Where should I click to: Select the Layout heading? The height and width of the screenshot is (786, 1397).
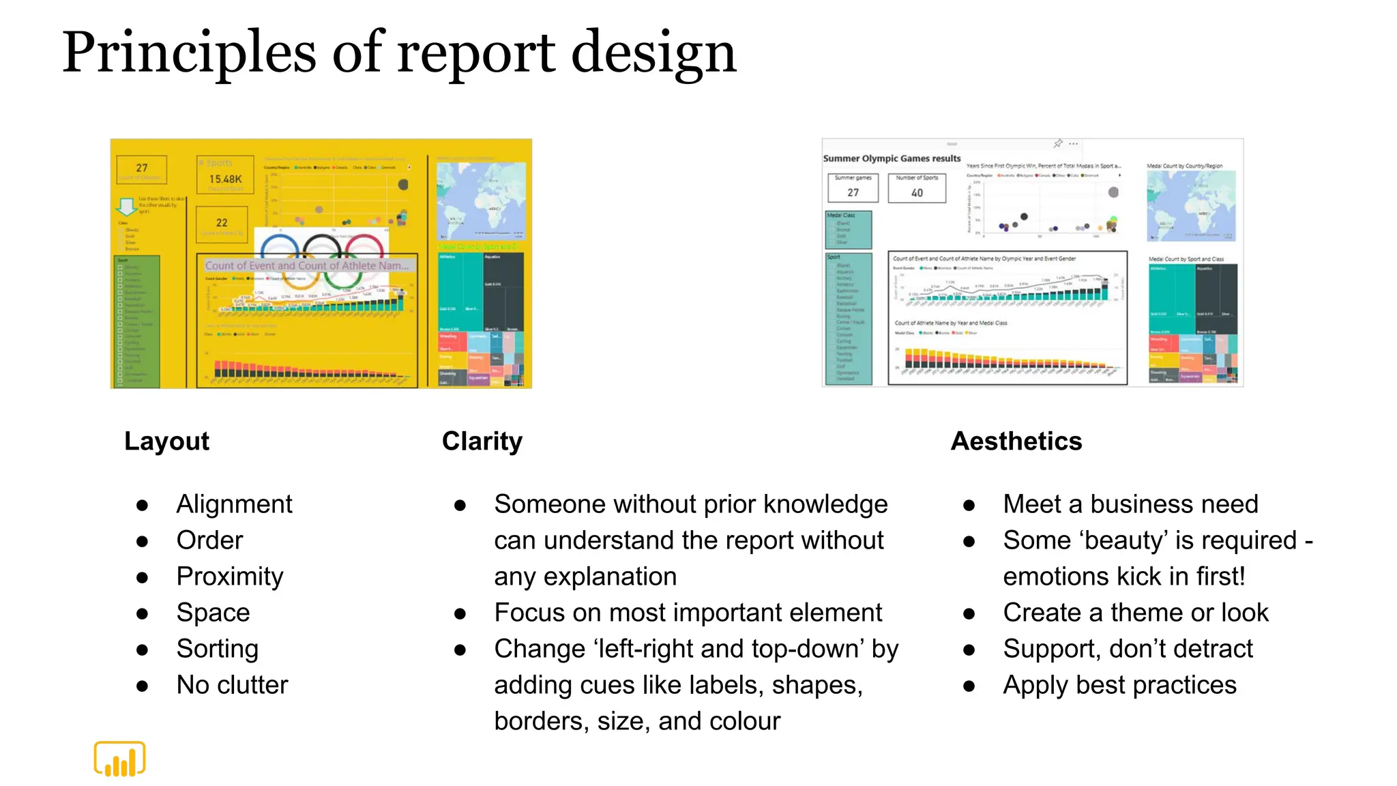[x=166, y=441]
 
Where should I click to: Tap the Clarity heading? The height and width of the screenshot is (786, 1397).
[x=482, y=441]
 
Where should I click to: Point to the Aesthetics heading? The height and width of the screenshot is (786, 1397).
[x=1016, y=441]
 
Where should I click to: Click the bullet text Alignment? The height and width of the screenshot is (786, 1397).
[x=234, y=504]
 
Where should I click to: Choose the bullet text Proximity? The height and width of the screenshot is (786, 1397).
[x=230, y=577]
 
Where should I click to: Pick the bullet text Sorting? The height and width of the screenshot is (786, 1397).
[x=217, y=649]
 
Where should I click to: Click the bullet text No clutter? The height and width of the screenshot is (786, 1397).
[x=232, y=685]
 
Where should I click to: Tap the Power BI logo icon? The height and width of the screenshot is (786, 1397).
[x=119, y=759]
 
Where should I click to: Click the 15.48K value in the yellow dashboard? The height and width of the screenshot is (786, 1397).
[x=225, y=179]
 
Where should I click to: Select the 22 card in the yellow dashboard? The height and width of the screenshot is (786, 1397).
[x=222, y=223]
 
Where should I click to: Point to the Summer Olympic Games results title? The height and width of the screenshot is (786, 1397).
[x=892, y=158]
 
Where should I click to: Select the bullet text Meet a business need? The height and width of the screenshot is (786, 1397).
[x=1130, y=504]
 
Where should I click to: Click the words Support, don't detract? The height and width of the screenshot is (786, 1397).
[x=1128, y=649]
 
